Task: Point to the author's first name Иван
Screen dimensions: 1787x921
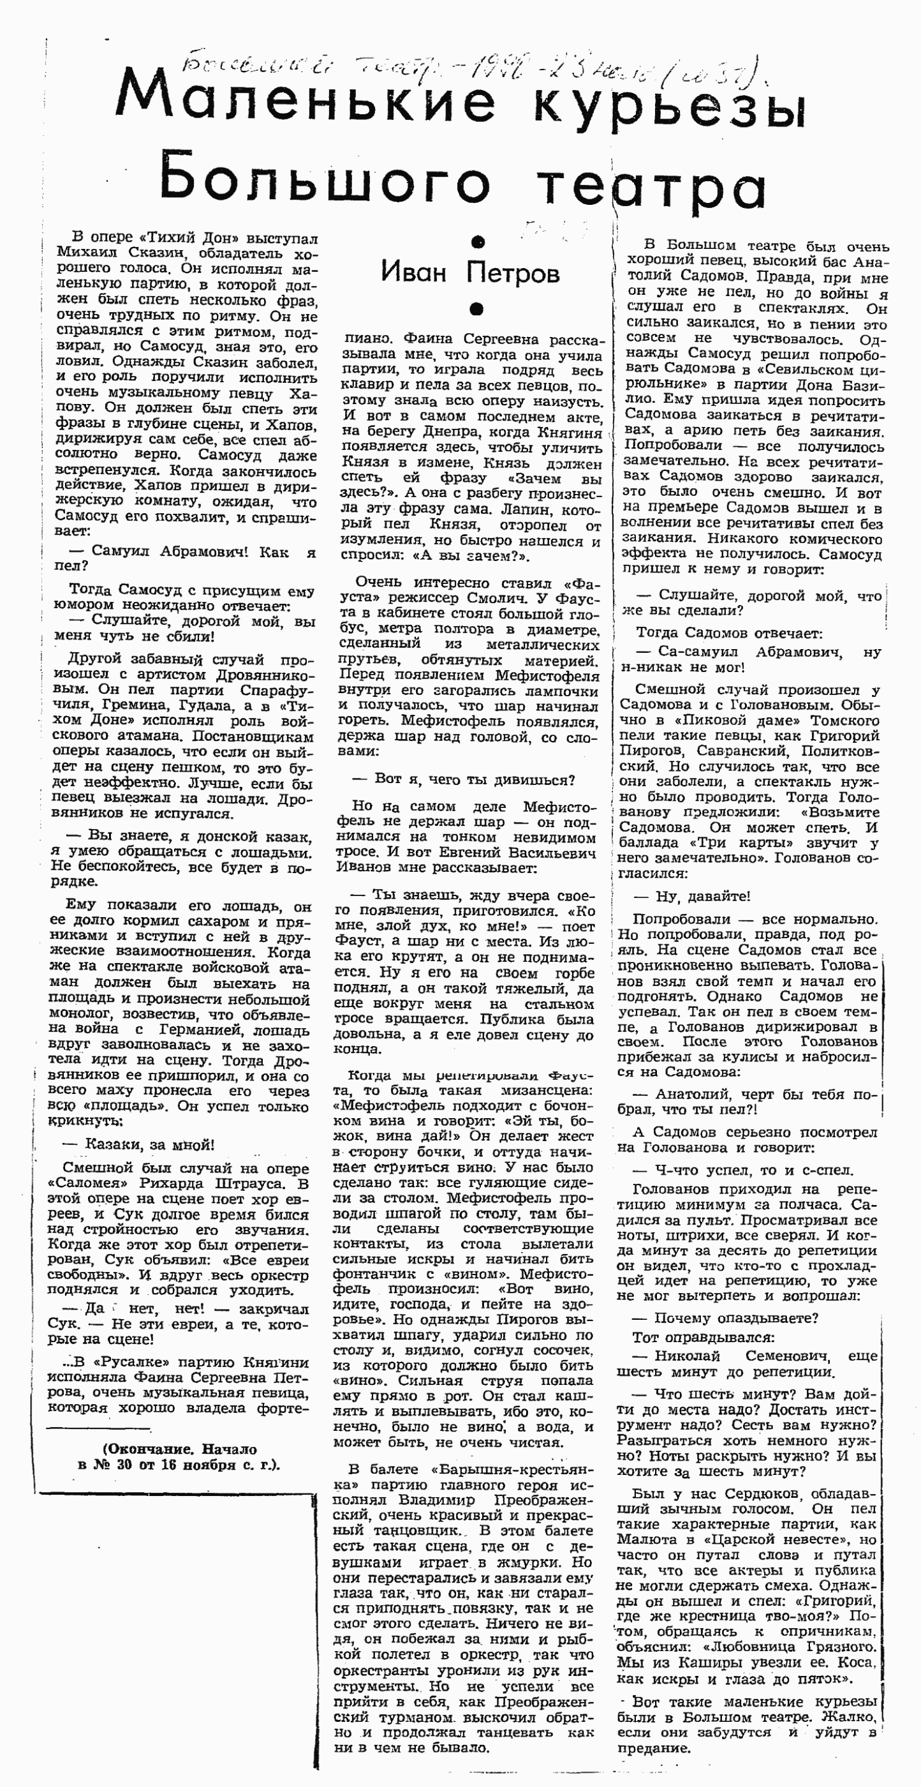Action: (x=413, y=272)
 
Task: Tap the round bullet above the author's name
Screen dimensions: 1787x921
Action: (x=476, y=242)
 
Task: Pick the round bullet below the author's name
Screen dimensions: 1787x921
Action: (x=476, y=308)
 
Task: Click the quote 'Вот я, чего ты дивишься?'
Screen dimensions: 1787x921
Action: (x=475, y=779)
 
